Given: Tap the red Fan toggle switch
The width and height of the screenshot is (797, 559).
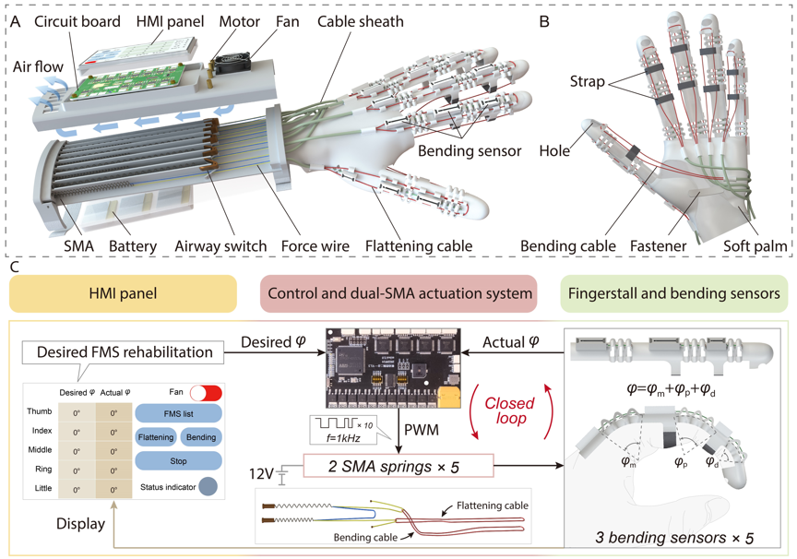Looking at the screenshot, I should click(205, 392).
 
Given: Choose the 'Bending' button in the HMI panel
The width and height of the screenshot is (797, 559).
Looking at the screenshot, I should click(200, 437).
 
